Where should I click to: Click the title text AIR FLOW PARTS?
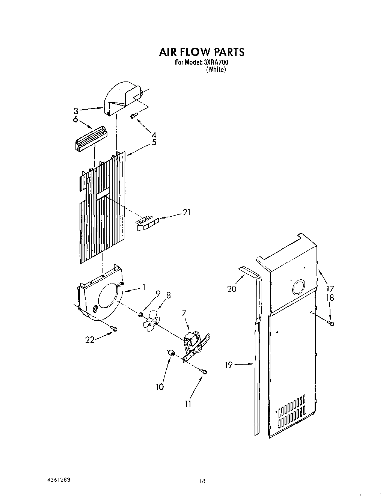coord(202,52)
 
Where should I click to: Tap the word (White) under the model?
coord(216,70)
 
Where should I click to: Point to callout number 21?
coord(186,213)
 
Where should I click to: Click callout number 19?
coord(229,364)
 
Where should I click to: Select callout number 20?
coord(232,289)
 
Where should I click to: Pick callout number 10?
coord(160,387)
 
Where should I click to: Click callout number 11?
coord(188,404)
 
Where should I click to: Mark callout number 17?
coord(330,289)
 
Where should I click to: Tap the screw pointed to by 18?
coord(331,323)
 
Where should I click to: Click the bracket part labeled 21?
coord(146,223)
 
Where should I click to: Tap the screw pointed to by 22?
coord(113,329)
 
